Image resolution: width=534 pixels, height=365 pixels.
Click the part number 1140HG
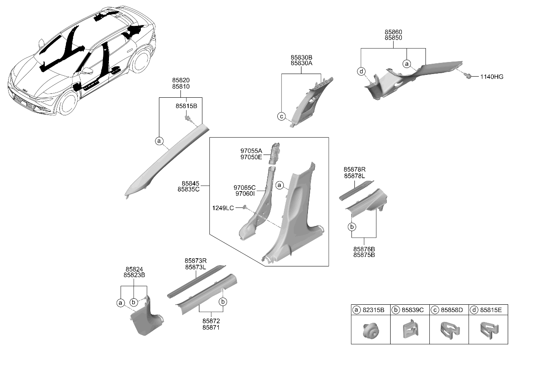coord(491,77)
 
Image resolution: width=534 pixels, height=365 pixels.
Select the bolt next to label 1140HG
coord(469,77)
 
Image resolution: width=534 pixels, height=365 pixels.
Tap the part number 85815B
coord(186,106)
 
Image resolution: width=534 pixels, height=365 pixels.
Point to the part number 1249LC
coord(223,208)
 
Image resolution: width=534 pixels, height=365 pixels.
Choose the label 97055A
coord(251,151)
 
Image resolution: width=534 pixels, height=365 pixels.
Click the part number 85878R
coord(354,170)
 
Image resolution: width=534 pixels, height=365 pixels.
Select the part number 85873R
coord(196,261)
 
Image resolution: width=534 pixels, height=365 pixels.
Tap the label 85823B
coord(134,275)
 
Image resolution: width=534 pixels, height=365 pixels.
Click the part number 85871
coord(211,328)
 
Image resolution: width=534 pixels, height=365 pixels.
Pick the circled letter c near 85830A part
coord(282,117)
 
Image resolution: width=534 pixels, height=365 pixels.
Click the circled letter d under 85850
coord(361,71)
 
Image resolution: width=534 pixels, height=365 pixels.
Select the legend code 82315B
coord(373,310)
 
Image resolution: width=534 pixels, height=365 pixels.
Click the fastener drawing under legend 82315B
coord(371,330)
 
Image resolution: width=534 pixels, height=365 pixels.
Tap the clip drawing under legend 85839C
coord(410,329)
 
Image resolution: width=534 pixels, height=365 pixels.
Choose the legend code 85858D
coord(452,310)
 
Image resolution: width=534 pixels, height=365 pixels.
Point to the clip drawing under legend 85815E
coord(489,330)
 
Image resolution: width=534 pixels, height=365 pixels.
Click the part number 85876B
coord(364,249)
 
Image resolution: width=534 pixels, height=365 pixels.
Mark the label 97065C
coord(244,188)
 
